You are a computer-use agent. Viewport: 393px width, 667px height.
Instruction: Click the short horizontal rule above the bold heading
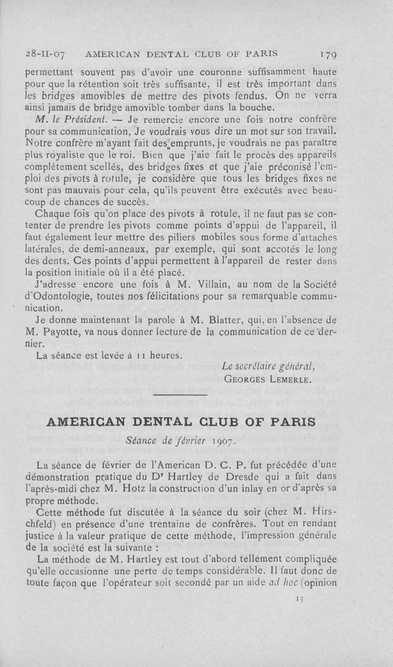(x=181, y=396)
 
